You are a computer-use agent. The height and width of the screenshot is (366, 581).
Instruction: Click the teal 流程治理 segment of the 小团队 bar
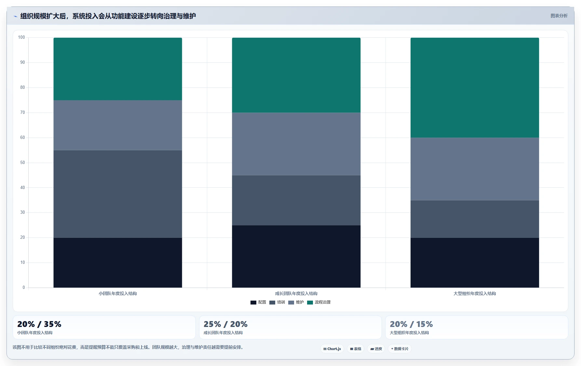[x=118, y=69]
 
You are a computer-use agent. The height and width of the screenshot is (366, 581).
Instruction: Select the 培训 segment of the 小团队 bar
[x=118, y=194]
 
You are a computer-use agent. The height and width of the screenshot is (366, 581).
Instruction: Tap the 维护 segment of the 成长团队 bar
[x=296, y=144]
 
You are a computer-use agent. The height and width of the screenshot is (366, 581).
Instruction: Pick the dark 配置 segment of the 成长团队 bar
[x=296, y=256]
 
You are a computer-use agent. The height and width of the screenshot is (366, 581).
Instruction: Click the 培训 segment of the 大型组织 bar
[x=475, y=219]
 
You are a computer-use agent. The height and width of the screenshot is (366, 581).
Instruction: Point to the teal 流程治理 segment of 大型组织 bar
[x=475, y=88]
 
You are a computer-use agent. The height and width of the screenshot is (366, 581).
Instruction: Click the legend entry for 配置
[x=258, y=302]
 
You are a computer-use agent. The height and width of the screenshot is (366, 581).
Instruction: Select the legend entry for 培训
[x=277, y=302]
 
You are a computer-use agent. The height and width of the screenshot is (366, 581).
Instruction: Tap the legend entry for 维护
[x=296, y=302]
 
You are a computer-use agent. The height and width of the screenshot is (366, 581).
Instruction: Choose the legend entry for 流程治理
[x=319, y=302]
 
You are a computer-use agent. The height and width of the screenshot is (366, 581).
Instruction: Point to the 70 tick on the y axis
[x=22, y=113]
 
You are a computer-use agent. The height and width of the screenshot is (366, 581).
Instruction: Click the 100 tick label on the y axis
[x=21, y=37]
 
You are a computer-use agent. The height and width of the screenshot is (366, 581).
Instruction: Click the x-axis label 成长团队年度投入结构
[x=296, y=293]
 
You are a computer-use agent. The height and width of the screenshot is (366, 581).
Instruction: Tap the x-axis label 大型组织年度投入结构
[x=475, y=293]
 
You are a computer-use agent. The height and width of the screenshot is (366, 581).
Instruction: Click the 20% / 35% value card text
[x=39, y=324]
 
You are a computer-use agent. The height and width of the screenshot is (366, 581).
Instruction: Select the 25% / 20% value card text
[x=225, y=324]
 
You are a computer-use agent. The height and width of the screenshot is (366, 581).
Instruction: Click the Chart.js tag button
[x=332, y=349]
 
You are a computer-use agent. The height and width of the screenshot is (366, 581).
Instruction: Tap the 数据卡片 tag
[x=400, y=349]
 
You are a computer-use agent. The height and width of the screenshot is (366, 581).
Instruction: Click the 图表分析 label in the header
[x=559, y=16]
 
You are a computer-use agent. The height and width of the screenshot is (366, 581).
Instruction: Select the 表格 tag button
[x=356, y=349]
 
